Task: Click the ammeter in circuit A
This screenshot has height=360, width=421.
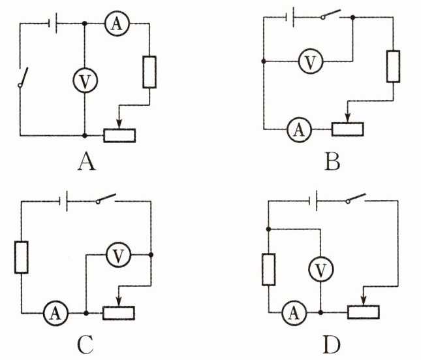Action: tap(117, 24)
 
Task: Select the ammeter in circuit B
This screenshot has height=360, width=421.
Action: tap(299, 129)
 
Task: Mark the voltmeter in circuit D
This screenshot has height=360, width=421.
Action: tap(321, 267)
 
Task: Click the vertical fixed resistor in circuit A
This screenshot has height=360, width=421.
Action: tap(149, 72)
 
